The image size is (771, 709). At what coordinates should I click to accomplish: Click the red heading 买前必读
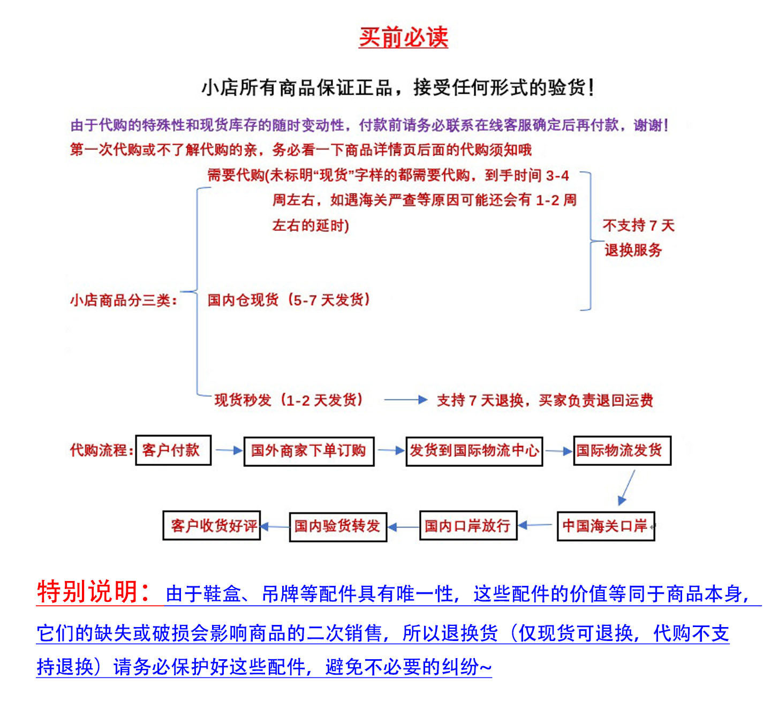point(403,37)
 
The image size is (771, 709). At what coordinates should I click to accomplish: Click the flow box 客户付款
point(173,450)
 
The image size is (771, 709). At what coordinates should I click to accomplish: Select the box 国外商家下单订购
point(309,451)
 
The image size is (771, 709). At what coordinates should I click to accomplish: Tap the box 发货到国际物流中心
point(474,451)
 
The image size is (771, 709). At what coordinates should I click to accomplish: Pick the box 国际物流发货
point(622,450)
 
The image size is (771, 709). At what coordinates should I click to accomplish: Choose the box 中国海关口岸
point(606,526)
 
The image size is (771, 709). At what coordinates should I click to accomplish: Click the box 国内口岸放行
point(468,526)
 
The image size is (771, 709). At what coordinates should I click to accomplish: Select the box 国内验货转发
point(338,526)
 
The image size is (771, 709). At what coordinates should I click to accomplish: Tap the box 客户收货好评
point(212,526)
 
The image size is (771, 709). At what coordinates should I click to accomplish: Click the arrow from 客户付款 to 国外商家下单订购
point(229,451)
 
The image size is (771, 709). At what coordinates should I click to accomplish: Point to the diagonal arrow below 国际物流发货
point(627,487)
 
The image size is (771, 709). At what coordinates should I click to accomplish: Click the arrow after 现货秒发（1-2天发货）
point(405,399)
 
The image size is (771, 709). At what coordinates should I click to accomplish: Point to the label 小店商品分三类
point(124,300)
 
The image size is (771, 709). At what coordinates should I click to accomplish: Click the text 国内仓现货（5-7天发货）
point(289,300)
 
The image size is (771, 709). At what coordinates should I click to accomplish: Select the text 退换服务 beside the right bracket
point(633,250)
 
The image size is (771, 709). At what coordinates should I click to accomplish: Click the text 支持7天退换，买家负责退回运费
point(545,400)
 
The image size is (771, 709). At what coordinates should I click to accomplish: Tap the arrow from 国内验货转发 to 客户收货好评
point(275,527)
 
